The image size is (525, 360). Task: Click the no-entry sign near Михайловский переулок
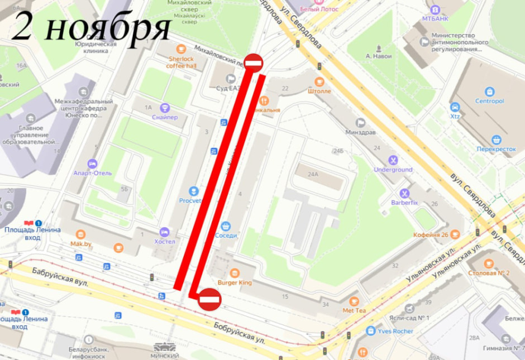click(x=253, y=64)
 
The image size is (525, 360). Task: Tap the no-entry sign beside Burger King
click(x=210, y=300)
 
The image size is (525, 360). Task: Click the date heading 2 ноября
click(x=91, y=27)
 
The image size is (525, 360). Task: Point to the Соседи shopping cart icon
click(x=226, y=226)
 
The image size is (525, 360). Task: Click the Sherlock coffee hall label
click(x=182, y=62)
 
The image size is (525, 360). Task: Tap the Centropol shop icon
click(x=490, y=92)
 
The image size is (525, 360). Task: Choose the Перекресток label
click(x=496, y=149)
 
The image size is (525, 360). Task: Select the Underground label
click(x=393, y=170)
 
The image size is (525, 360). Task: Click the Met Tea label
click(x=354, y=310)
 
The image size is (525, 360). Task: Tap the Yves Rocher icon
click(x=370, y=331)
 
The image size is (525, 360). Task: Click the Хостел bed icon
click(x=164, y=232)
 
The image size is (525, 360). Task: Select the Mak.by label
click(x=80, y=244)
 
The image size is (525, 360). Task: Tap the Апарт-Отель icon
click(x=93, y=163)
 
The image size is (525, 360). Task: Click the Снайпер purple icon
click(x=165, y=108)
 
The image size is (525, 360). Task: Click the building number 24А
click(x=314, y=174)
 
